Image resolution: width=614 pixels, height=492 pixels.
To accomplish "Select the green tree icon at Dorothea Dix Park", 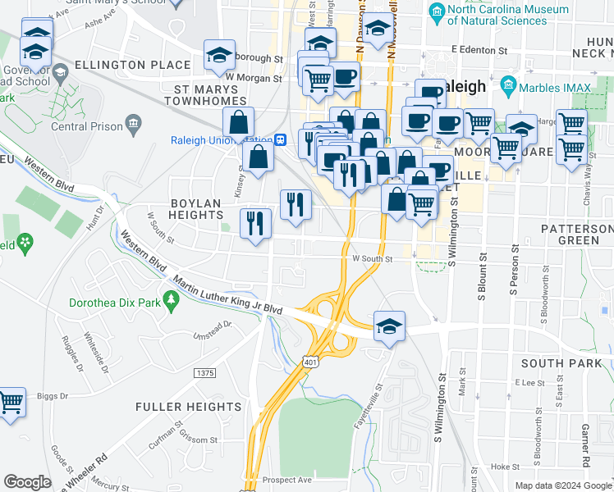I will (x=172, y=301).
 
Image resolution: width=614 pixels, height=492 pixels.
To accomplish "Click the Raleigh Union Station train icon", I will (x=280, y=139).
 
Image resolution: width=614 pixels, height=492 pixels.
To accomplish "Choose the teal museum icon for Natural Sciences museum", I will (x=437, y=11).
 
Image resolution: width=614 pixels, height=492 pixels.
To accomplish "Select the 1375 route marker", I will (x=204, y=373).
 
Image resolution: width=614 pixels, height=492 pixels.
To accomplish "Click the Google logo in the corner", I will (x=27, y=482).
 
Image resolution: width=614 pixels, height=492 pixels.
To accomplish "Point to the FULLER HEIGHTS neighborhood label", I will (x=188, y=407).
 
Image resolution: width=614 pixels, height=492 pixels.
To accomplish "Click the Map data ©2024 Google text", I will (x=563, y=485).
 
